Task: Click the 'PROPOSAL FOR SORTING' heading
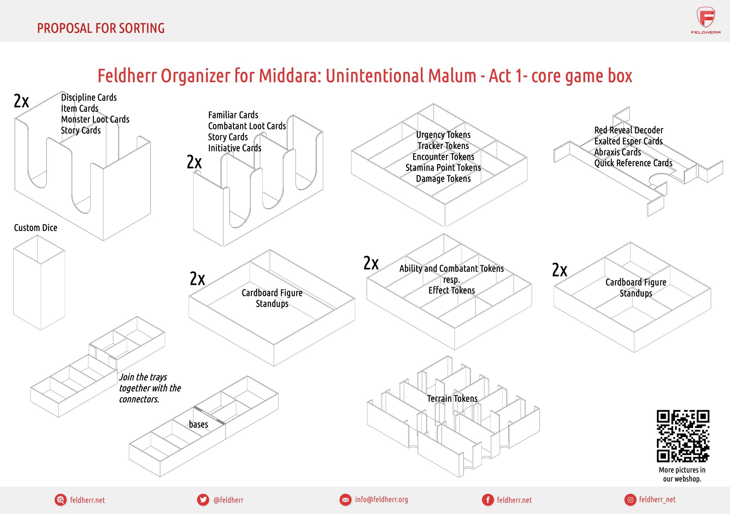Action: point(101,28)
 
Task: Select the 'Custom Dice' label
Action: point(36,228)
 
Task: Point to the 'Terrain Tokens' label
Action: point(452,398)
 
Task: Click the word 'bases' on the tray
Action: point(198,424)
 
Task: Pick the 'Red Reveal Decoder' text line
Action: point(629,130)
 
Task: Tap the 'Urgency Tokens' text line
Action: point(443,135)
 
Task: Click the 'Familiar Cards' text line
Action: point(233,115)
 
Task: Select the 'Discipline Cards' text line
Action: point(89,97)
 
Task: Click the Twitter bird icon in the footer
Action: point(203,500)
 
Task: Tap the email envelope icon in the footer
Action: point(345,500)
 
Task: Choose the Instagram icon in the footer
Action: point(630,500)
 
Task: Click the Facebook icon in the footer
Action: point(487,500)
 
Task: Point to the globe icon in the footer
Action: point(60,500)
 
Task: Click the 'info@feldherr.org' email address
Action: point(381,500)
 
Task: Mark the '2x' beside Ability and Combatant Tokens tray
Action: point(371,263)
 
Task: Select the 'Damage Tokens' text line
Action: point(443,179)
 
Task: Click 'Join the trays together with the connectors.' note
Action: point(150,388)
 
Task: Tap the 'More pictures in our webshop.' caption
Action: point(682,474)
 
